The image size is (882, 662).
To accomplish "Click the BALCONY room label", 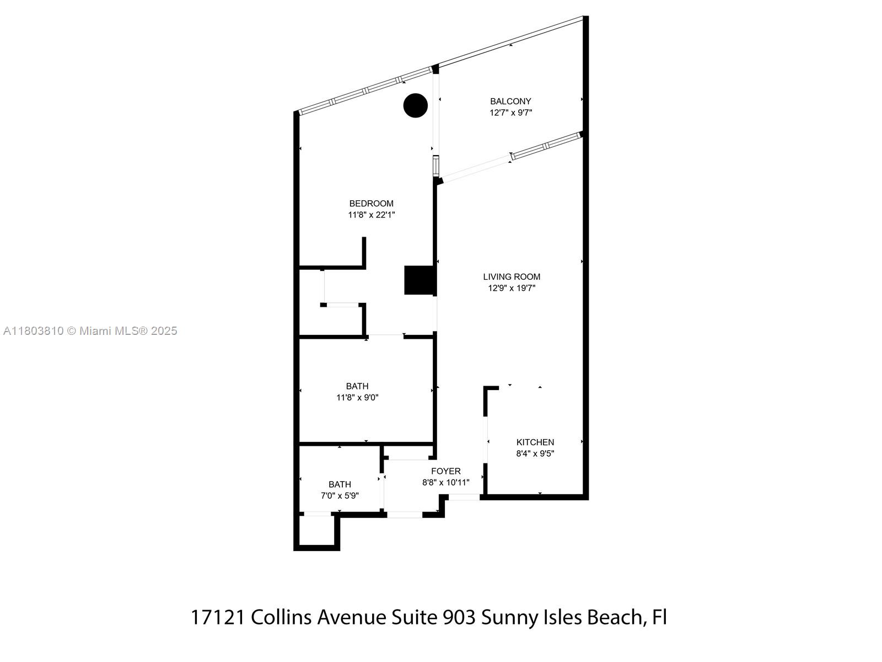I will point(510,102).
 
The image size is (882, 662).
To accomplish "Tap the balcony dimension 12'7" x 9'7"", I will point(510,113).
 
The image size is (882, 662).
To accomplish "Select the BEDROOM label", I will point(371,204).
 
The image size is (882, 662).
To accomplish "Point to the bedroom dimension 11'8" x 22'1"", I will point(371,215).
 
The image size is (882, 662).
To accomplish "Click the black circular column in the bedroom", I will point(415,105).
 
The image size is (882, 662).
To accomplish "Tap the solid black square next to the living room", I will point(420,280).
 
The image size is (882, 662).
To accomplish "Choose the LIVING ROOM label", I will point(512,277).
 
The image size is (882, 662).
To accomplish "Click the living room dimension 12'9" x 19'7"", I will point(512,288).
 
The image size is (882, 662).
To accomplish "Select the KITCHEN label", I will point(535,442).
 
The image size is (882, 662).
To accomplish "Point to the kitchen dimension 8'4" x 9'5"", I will point(535,454).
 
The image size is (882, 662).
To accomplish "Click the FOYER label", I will point(445,471).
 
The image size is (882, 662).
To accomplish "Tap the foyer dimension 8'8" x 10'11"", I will point(445,483).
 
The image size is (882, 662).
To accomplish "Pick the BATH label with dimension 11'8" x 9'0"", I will point(357,386).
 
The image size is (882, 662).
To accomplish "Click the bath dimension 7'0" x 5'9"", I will point(340,496).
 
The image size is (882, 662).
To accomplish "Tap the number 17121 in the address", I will point(218,617).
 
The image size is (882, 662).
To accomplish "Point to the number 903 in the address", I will point(459,617).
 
